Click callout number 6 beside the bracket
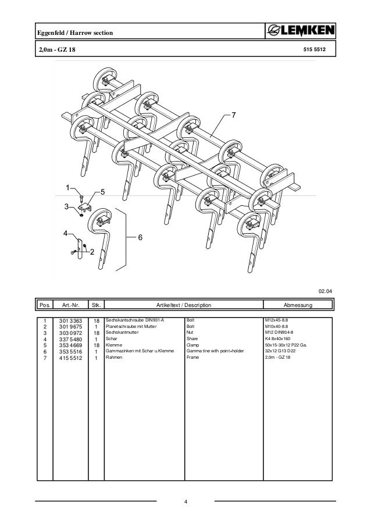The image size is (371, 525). point(140,237)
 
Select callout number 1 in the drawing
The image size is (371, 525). point(67,187)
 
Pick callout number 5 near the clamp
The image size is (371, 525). point(102,192)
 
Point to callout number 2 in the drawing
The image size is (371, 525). point(92,251)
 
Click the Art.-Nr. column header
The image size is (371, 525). point(69,305)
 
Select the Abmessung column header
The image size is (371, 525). point(298,305)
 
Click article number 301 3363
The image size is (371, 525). point(69,320)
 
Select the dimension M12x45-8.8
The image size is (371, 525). point(277,320)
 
